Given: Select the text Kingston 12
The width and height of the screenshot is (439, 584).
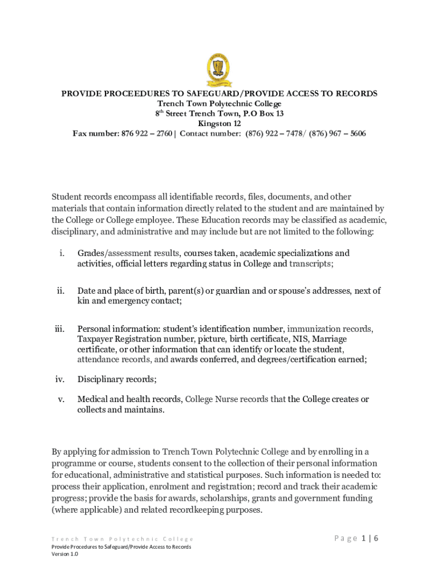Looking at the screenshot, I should pos(219,124).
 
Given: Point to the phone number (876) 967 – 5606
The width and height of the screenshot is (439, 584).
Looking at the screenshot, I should pos(338,134).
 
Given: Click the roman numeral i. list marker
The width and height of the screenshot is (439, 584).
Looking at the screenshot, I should pos(61,253).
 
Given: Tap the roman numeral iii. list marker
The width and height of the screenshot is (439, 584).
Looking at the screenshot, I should pos(59,329).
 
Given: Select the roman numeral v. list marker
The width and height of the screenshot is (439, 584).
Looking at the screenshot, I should pos(60,399).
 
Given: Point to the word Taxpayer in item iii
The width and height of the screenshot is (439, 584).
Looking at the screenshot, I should pos(95,339).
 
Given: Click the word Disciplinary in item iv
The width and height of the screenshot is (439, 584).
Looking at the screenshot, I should pos(101,379).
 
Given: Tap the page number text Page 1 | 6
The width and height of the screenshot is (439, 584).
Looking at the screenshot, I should pos(356,539).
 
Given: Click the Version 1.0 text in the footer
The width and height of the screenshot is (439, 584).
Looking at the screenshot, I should pos(64,554).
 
